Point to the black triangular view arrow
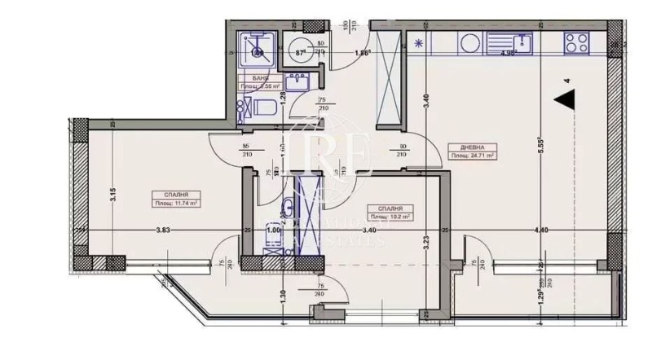point(565,101)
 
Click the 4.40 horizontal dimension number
point(541,230)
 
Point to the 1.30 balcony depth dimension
point(281,298)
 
